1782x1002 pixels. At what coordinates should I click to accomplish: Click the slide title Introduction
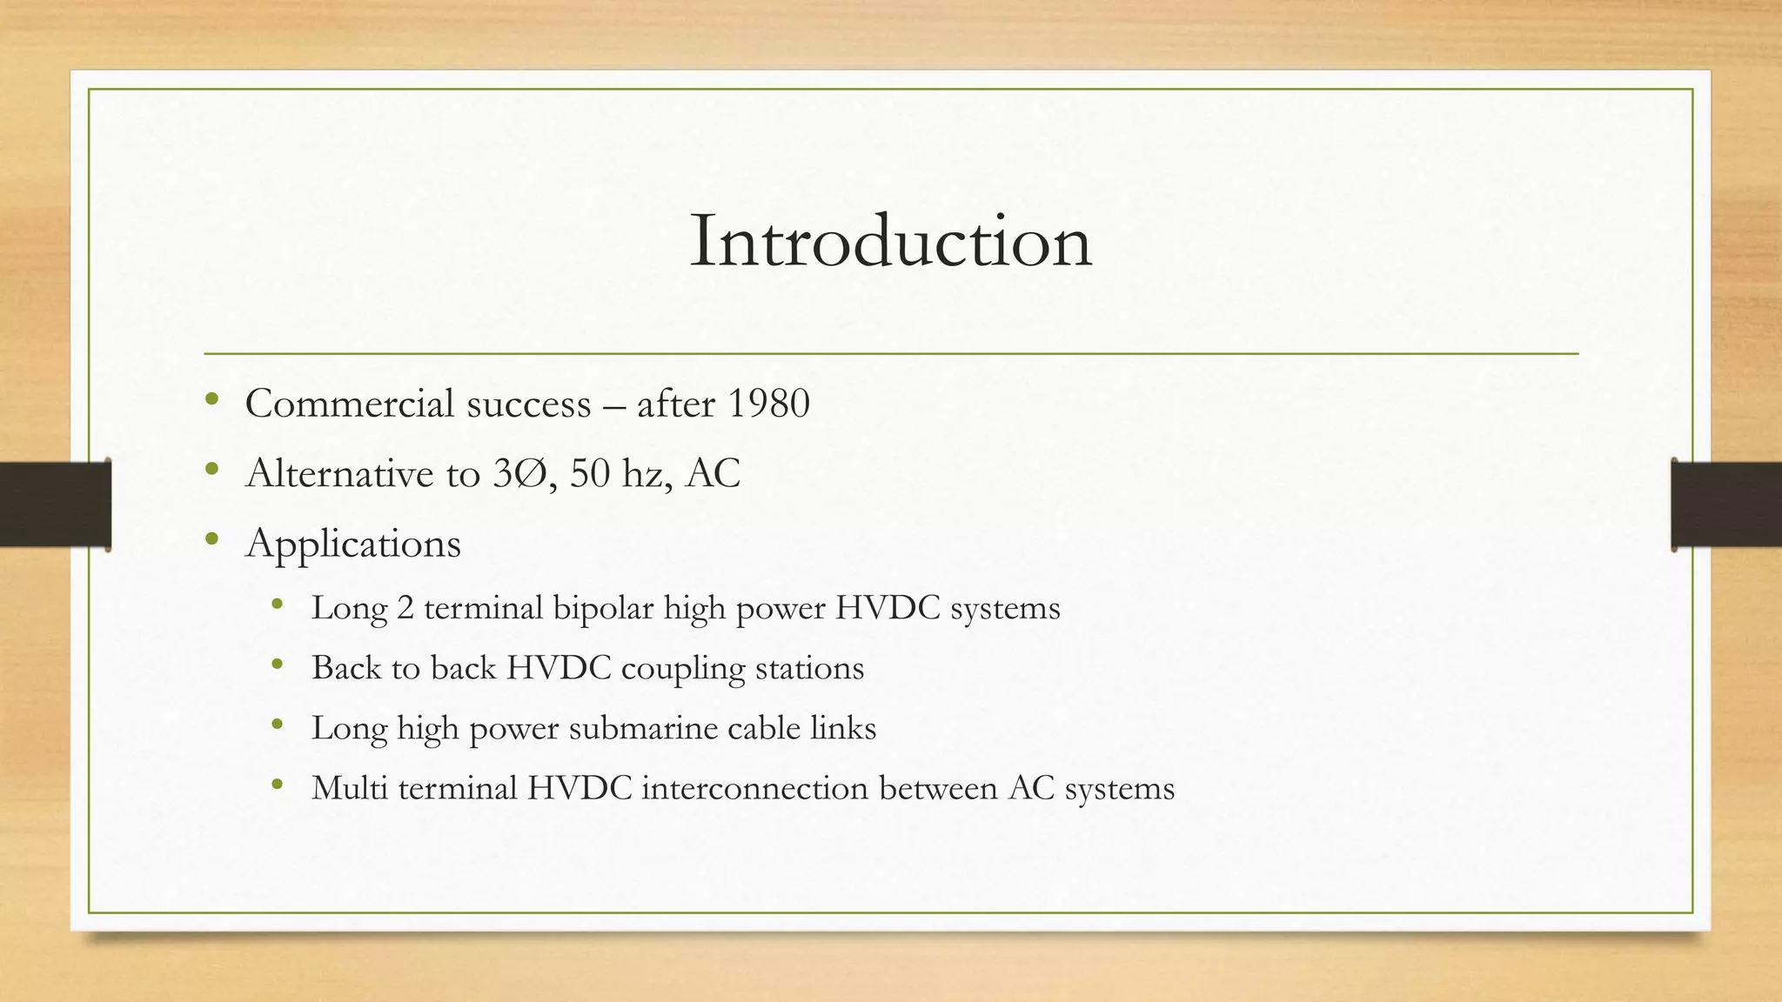[x=890, y=241]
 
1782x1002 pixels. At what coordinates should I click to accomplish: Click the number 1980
[x=768, y=404]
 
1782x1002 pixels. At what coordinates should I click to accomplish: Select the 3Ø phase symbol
[x=519, y=474]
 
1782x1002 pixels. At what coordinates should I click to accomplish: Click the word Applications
[x=353, y=544]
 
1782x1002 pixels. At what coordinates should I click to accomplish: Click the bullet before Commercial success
[x=211, y=400]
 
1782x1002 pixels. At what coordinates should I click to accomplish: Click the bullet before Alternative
[x=211, y=470]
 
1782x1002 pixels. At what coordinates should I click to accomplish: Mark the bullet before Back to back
[x=278, y=665]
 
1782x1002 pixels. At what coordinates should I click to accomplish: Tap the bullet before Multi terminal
[x=278, y=785]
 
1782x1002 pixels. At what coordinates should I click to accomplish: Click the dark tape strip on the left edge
[x=55, y=504]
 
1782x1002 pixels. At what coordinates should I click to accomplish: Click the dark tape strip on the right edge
[x=1726, y=504]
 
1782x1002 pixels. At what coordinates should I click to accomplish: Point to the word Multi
[x=349, y=788]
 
